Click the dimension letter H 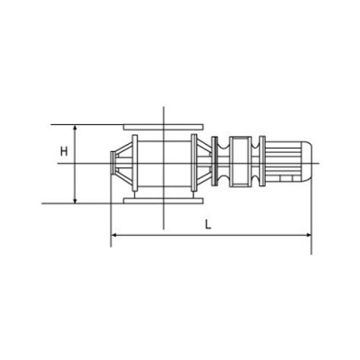pyautogui.click(x=64, y=151)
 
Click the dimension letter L pyautogui.click(x=208, y=225)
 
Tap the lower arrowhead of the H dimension pyautogui.click(x=75, y=201)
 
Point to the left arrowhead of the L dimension pyautogui.click(x=114, y=236)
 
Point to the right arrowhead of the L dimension pyautogui.click(x=309, y=236)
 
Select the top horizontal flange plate pyautogui.click(x=164, y=127)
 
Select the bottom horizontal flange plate pyautogui.click(x=164, y=201)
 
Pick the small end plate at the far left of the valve pyautogui.click(x=112, y=164)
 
